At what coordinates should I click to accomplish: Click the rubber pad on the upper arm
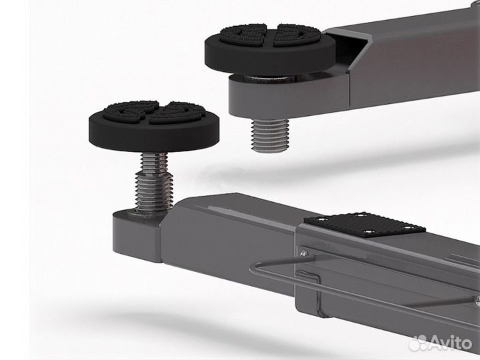[x=270, y=49]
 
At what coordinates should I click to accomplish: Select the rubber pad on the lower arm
[x=155, y=126]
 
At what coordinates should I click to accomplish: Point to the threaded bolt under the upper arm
[x=270, y=135]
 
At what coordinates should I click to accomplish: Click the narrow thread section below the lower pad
[x=154, y=162]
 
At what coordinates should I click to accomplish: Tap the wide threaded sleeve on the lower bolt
[x=154, y=192]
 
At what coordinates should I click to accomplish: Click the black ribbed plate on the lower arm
[x=364, y=225]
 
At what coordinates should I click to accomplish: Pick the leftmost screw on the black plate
[x=320, y=219]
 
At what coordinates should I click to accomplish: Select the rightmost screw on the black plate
[x=409, y=228]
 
